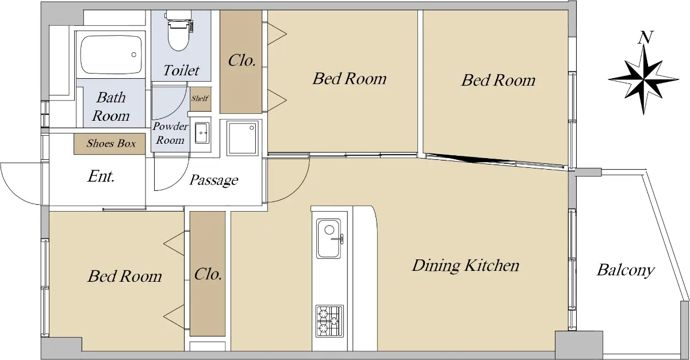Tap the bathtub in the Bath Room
pos(112,55)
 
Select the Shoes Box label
pos(111,143)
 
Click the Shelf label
pos(200,98)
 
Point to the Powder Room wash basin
pos(202,133)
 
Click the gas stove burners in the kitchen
pos(329,321)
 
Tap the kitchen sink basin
pos(329,239)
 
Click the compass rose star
pos(643,79)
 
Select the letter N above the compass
pos(645,37)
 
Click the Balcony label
pos(626,270)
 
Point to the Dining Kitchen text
pos(465,266)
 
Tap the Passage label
pos(213,180)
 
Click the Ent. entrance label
pos(101,177)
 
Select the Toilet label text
pos(181,70)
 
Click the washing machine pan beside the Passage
pos(242,138)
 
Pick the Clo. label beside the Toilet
pos(242,60)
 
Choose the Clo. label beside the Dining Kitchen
pos(208,274)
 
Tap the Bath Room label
pos(110,106)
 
